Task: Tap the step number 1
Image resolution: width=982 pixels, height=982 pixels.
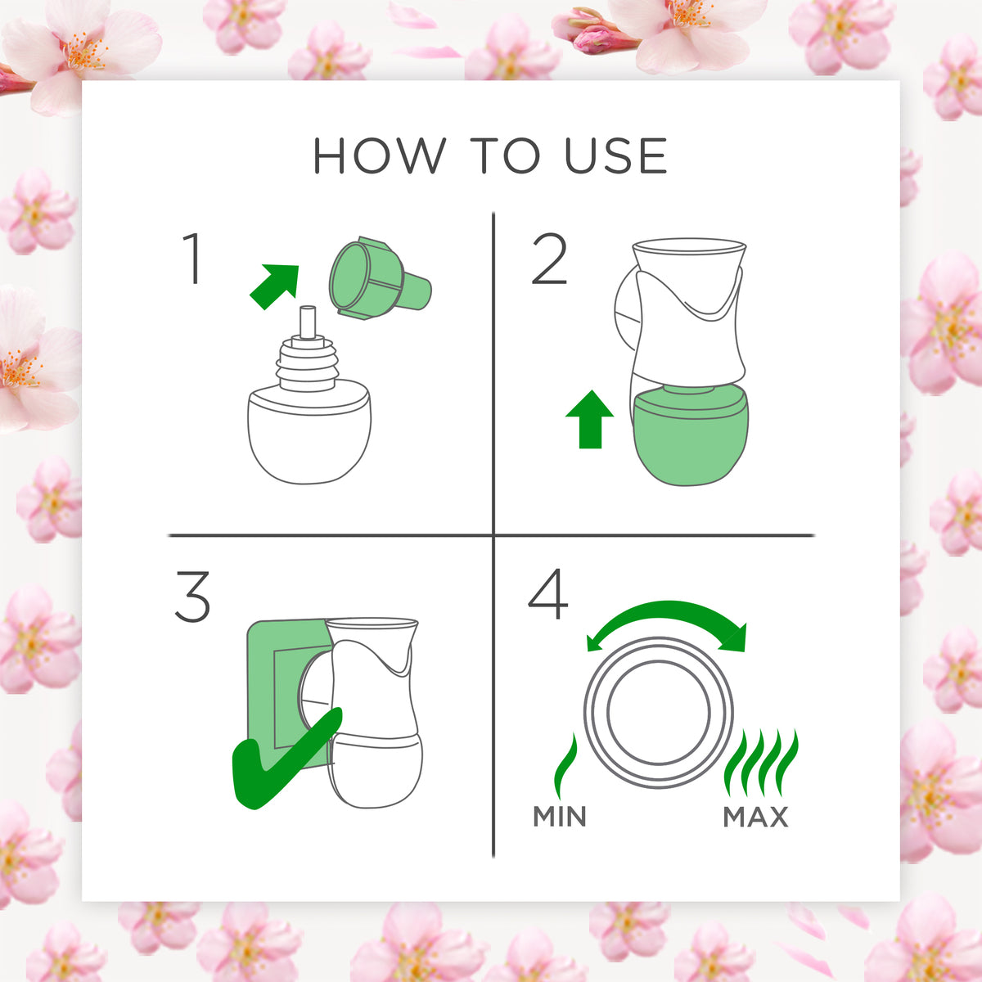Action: (192, 259)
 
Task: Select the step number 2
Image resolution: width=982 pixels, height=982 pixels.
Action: (549, 259)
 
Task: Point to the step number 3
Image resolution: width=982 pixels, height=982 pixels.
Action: (192, 597)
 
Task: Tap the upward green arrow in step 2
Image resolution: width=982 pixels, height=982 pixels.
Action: (589, 419)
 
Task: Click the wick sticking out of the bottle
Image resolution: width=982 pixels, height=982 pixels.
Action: (308, 322)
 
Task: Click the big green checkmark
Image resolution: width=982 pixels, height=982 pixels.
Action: (286, 759)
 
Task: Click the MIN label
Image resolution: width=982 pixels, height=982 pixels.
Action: (560, 817)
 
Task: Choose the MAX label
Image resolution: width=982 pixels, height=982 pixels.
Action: (756, 817)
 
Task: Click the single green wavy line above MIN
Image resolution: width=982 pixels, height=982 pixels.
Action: (565, 765)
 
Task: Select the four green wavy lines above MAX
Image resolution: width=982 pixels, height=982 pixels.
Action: (761, 763)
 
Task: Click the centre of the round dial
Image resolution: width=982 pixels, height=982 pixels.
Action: (659, 713)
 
